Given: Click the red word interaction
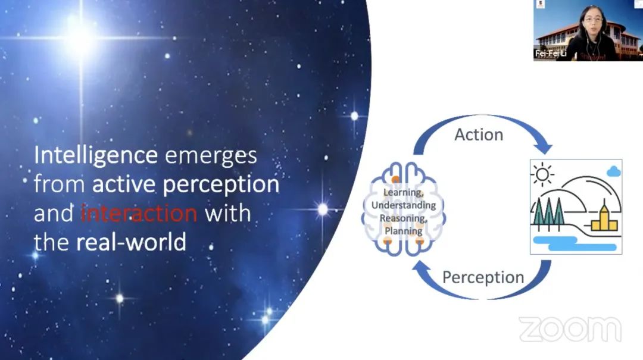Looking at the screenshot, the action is (x=139, y=213).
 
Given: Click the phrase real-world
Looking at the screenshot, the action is (x=131, y=242).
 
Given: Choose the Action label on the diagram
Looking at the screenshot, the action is (x=479, y=134).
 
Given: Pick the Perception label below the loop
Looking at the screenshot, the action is (x=483, y=277).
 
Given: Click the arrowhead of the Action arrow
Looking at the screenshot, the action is (x=544, y=147).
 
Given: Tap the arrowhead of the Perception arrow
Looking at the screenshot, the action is (x=421, y=268).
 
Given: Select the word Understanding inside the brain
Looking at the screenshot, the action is (x=404, y=205).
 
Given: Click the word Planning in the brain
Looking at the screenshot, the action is (x=404, y=231).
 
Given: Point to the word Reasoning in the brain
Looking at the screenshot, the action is (x=404, y=218).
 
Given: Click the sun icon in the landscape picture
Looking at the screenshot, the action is (x=542, y=174).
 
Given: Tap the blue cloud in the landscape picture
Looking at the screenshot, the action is (x=613, y=171).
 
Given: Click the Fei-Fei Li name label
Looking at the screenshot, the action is (x=551, y=54).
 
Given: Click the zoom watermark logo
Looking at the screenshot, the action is (x=570, y=329).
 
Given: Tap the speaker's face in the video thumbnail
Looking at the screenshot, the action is (x=591, y=20).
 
